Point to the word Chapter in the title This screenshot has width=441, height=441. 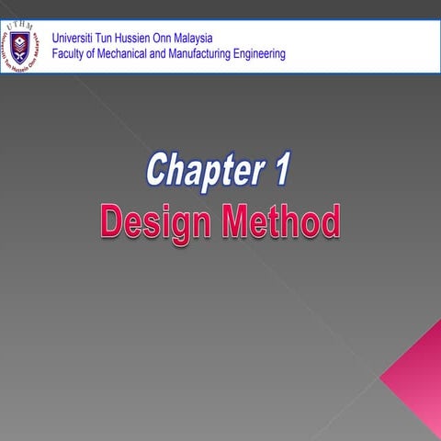[x=202, y=171]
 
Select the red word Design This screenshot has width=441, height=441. [x=149, y=223]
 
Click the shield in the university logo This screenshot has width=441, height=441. [x=20, y=44]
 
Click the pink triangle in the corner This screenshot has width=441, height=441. [x=418, y=377]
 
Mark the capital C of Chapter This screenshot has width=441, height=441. [x=159, y=171]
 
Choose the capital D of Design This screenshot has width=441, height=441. [x=112, y=223]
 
